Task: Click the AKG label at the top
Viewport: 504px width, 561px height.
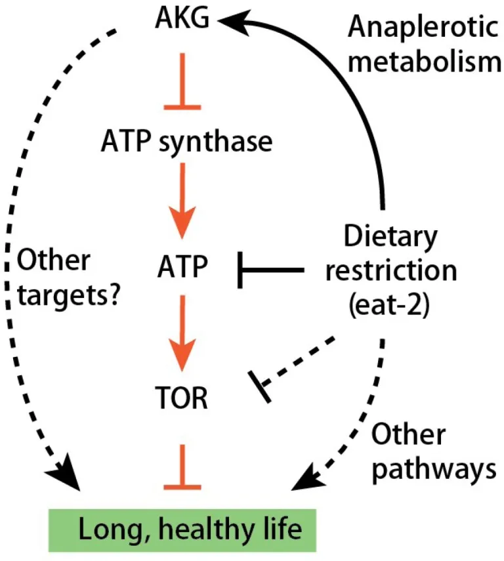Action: click(182, 18)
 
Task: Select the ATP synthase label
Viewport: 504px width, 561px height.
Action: click(187, 142)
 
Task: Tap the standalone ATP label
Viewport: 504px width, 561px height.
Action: click(182, 266)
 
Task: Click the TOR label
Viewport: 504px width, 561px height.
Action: click(182, 398)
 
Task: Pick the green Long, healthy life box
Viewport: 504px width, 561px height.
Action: click(182, 530)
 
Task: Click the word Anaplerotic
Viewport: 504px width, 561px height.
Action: click(423, 28)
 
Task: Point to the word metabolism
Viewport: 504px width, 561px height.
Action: click(425, 62)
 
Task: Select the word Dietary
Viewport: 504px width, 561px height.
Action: click(390, 237)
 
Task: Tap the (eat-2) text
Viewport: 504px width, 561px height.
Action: click(389, 305)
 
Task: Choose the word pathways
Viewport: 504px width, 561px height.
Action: click(434, 470)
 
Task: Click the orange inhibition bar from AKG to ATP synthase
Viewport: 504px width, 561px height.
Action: click(182, 81)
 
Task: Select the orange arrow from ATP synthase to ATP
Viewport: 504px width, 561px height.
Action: click(182, 200)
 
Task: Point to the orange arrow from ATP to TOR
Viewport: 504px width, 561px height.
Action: click(182, 333)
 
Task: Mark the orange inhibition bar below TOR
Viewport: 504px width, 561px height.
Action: click(182, 467)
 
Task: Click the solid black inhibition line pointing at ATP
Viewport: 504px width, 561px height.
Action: click(271, 270)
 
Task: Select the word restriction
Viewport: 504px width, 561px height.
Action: click(391, 271)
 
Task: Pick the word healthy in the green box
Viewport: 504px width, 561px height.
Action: click(206, 530)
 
